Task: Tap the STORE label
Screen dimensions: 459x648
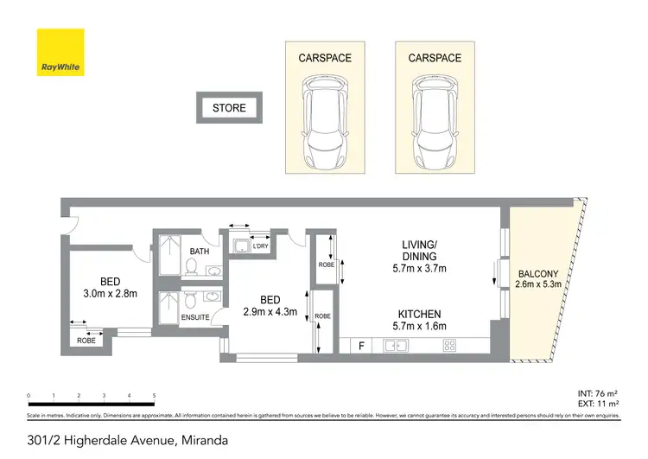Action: [229, 108]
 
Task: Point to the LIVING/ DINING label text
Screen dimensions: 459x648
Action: [418, 251]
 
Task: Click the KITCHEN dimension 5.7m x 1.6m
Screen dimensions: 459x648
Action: [419, 328]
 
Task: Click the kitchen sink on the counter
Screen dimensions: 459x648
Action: [397, 347]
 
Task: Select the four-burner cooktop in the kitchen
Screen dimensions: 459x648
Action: [450, 347]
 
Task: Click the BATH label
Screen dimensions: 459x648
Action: [200, 252]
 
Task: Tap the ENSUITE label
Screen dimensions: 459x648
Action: [195, 317]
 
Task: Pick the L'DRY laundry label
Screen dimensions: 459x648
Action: [259, 245]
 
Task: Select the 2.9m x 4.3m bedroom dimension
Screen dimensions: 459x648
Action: [264, 311]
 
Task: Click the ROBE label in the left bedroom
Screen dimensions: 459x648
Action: [87, 341]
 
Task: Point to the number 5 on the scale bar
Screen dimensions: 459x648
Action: [154, 395]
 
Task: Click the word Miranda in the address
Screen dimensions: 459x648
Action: [204, 440]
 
